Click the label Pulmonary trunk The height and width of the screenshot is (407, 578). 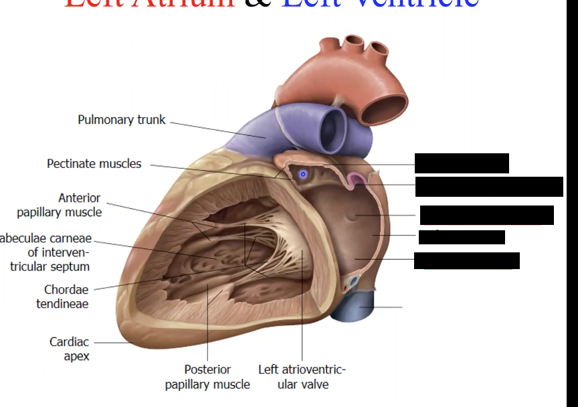click(121, 120)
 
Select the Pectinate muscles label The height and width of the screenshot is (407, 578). click(94, 164)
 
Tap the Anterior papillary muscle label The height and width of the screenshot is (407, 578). click(60, 206)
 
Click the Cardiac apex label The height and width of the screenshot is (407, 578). click(69, 349)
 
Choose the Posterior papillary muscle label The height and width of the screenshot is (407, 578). click(207, 377)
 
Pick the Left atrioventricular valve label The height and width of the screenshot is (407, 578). click(302, 377)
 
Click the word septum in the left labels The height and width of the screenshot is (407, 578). click(72, 267)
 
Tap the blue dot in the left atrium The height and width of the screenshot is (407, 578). click(302, 175)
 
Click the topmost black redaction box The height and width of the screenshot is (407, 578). click(462, 163)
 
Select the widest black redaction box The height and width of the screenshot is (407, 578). click(489, 187)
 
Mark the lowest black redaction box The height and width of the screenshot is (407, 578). click(467, 260)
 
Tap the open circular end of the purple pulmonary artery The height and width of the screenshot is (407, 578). click(332, 127)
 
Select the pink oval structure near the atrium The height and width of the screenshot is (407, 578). click(355, 179)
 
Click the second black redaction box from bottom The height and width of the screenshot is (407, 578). click(462, 237)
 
